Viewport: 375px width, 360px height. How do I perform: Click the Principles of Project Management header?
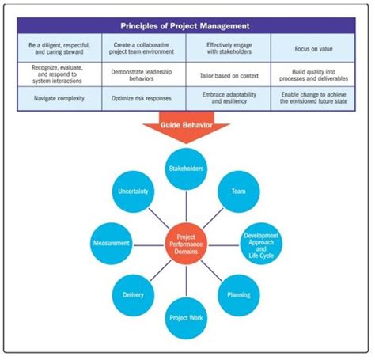click(187, 25)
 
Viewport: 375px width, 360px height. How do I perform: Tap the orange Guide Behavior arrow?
click(187, 128)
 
